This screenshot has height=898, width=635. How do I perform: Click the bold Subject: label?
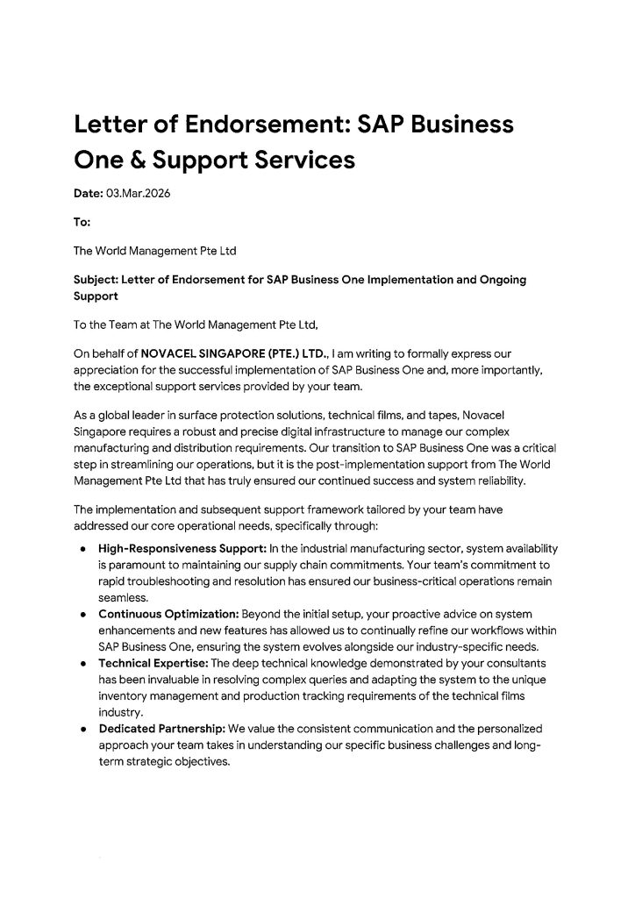100,280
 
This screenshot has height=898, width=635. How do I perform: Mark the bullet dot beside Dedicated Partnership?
82,730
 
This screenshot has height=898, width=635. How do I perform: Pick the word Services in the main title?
307,161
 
